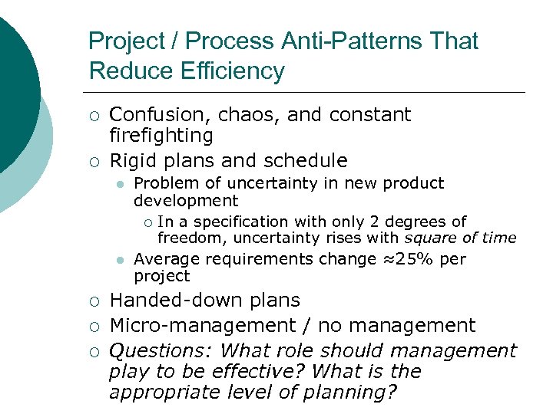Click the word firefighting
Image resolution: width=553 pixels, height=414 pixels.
[x=161, y=136]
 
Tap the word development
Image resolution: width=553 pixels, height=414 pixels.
[x=186, y=201]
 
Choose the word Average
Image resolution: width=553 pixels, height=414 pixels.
[x=164, y=259]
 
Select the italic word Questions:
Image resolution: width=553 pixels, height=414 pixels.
[x=161, y=351]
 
